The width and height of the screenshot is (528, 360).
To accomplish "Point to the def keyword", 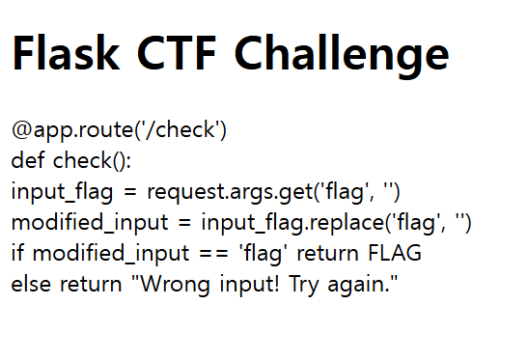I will (x=28, y=160).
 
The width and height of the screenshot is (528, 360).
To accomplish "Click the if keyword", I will (x=17, y=254).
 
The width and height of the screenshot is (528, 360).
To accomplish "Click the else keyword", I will (x=31, y=286).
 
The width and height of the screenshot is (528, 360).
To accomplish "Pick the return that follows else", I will (x=85, y=286).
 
